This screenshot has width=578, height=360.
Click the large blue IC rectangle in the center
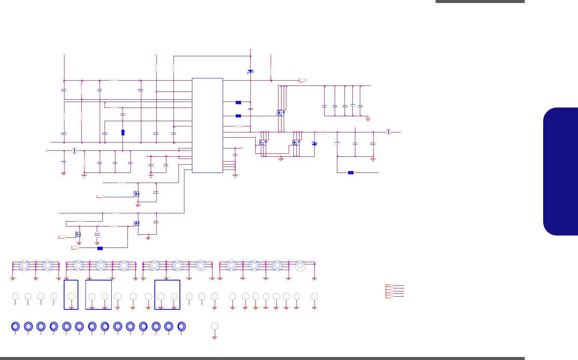click(x=207, y=125)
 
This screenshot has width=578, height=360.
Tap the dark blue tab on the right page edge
click(x=561, y=171)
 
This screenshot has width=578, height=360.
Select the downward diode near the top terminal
click(x=250, y=71)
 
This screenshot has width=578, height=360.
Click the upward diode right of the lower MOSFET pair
click(x=314, y=143)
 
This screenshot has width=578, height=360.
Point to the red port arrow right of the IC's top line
click(x=303, y=80)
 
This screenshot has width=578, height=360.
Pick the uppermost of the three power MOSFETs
click(x=281, y=112)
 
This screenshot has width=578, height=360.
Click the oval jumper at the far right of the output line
click(x=389, y=132)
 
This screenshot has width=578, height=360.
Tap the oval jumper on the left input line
click(x=74, y=151)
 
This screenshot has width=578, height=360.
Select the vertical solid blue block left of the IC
click(x=123, y=132)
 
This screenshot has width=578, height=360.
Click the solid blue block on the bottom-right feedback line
click(x=351, y=172)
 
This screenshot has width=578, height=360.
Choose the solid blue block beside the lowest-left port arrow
click(x=100, y=248)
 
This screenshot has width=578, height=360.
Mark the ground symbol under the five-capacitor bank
click(x=368, y=118)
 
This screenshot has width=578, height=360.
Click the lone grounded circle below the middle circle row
click(x=215, y=326)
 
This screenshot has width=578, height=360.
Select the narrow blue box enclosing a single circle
click(x=71, y=295)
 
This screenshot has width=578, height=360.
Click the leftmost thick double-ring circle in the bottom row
click(x=15, y=326)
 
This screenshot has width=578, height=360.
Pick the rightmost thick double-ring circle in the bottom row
click(x=182, y=326)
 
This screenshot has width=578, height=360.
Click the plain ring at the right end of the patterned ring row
click(x=300, y=265)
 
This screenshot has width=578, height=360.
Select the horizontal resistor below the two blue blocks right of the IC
click(x=239, y=126)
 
